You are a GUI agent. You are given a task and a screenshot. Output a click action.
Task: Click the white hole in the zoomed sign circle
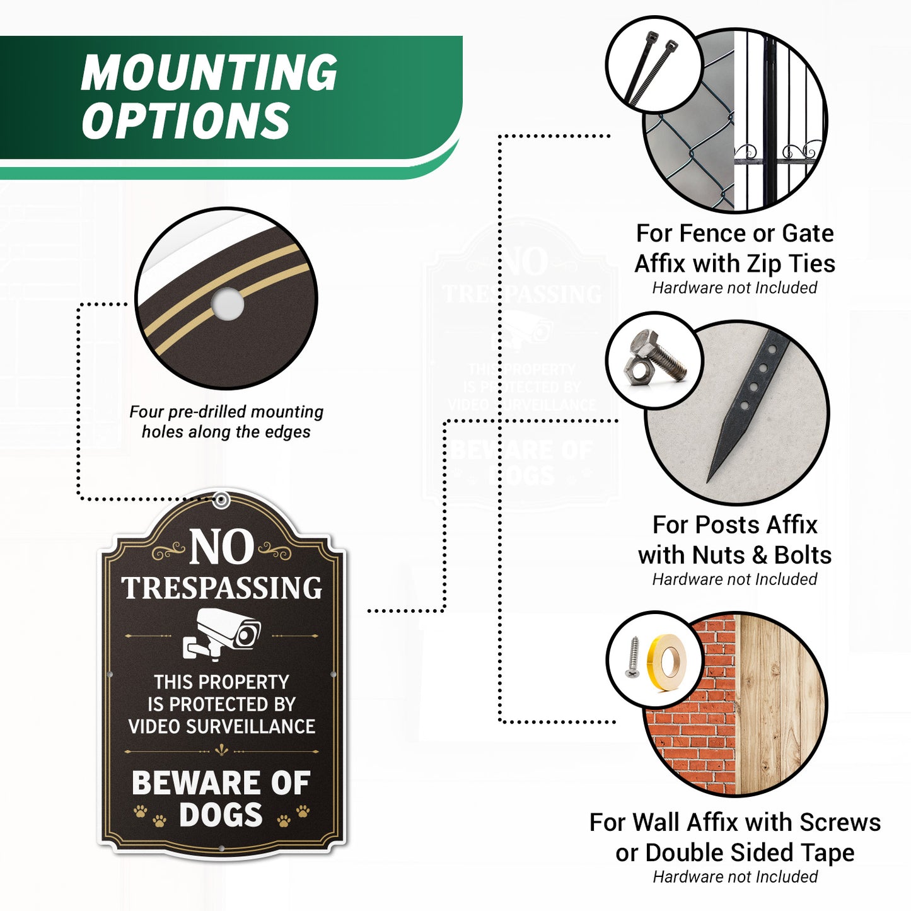[x=228, y=304]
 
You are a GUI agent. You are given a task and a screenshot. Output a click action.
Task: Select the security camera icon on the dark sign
[x=222, y=634]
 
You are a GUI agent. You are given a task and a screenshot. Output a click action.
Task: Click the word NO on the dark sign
[x=222, y=547]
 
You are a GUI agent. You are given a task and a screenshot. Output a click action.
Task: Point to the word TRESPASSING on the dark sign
[x=222, y=588]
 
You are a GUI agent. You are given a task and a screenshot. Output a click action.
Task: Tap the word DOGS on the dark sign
[x=221, y=815]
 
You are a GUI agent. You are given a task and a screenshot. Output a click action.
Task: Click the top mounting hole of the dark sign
[x=221, y=499]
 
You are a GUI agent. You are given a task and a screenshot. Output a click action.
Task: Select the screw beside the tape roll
[x=632, y=657]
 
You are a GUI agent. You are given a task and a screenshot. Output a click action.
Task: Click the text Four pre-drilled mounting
[x=226, y=412]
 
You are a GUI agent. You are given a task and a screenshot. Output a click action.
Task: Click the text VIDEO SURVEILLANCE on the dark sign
[x=222, y=726]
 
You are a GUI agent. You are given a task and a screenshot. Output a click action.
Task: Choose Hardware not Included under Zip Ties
[x=734, y=287]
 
